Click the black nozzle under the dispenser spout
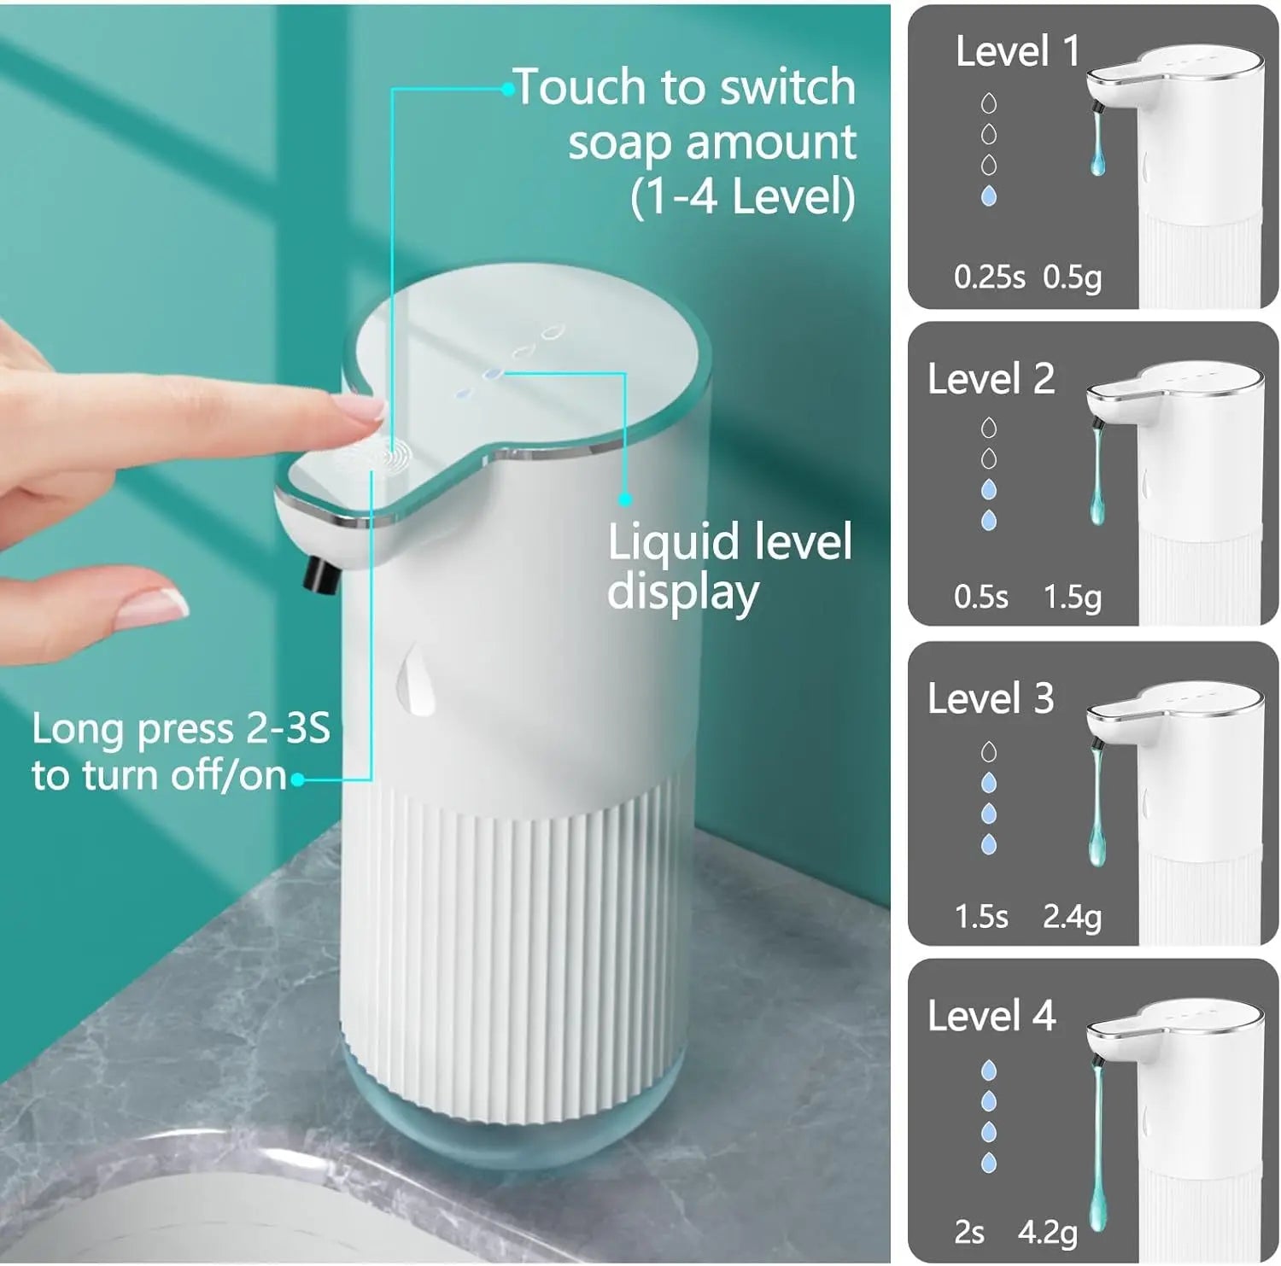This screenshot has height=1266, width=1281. pyautogui.click(x=319, y=575)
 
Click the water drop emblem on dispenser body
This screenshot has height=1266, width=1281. pyautogui.click(x=416, y=680)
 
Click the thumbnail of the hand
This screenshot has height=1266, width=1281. pyautogui.click(x=154, y=607)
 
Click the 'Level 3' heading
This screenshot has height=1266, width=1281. pyautogui.click(x=991, y=698)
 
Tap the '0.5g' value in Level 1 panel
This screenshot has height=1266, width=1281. pyautogui.click(x=1072, y=277)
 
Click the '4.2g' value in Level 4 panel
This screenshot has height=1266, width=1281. pyautogui.click(x=1047, y=1232)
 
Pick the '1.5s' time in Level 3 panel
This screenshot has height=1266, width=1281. pyautogui.click(x=980, y=916)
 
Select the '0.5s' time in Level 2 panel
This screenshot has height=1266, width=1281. pyautogui.click(x=980, y=597)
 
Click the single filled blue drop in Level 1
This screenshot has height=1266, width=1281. pyautogui.click(x=989, y=196)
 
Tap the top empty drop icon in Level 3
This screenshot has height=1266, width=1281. pyautogui.click(x=989, y=752)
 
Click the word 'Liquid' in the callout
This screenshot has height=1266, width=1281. pyautogui.click(x=672, y=543)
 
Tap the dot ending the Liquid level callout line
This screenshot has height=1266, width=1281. pyautogui.click(x=625, y=499)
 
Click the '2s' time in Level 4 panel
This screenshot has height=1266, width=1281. pyautogui.click(x=969, y=1232)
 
